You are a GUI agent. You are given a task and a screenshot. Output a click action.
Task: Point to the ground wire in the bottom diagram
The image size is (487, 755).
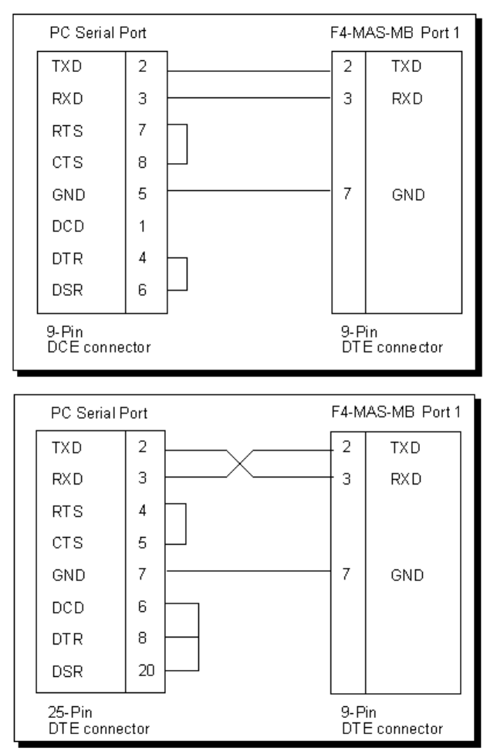tap(247, 573)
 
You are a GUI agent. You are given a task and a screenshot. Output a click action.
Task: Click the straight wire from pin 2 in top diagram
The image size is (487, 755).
tap(247, 71)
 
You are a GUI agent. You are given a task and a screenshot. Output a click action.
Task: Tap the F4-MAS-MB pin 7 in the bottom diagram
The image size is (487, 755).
tap(348, 573)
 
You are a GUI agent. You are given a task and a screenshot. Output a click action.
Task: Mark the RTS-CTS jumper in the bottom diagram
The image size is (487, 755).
tap(186, 525)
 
